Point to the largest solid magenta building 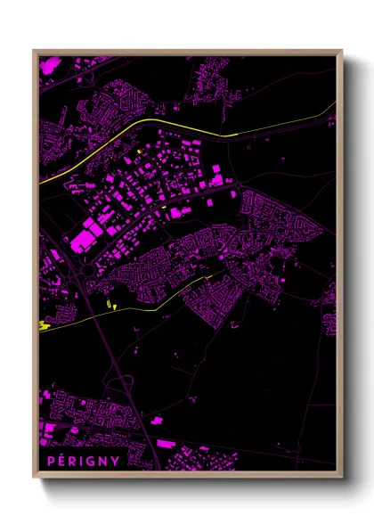coord(87,236)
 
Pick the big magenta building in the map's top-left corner coord(49,66)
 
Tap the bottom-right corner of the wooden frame coord(341,476)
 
